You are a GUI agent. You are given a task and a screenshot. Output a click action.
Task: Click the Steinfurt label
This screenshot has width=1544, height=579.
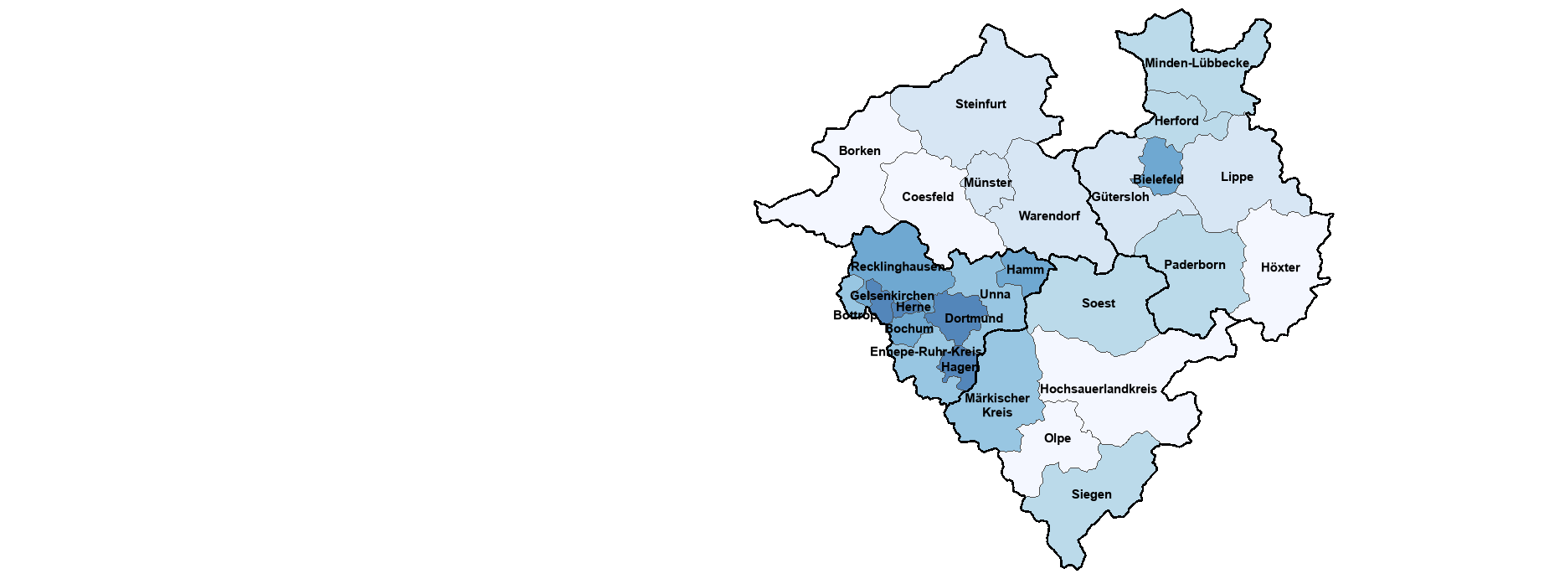pos(980,104)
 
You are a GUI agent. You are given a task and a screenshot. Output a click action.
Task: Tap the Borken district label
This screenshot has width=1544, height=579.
pos(859,151)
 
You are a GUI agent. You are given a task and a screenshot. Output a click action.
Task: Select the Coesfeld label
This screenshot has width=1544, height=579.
pos(927,197)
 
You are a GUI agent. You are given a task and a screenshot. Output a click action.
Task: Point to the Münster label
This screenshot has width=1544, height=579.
pos(987,183)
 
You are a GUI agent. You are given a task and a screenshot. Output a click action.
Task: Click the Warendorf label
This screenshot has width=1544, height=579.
pos(1048,216)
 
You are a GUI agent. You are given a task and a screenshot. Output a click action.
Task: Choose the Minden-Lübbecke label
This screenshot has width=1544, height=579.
pos(1197,63)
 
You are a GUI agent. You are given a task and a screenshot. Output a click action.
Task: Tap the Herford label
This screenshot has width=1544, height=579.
pos(1176,121)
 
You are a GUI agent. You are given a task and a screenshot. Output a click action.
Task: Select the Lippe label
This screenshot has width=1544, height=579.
pos(1237,177)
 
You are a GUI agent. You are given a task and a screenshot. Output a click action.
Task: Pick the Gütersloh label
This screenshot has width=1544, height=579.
pos(1120,197)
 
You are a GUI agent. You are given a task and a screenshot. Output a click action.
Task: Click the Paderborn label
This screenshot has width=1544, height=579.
pos(1194,265)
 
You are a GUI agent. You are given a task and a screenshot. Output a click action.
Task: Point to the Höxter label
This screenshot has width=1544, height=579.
pos(1279,267)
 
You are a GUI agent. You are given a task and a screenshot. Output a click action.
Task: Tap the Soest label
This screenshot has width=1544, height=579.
pos(1098,303)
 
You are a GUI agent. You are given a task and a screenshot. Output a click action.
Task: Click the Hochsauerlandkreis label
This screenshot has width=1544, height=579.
pos(1098,389)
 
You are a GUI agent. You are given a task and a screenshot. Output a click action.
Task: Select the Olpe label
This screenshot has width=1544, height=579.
pos(1057,438)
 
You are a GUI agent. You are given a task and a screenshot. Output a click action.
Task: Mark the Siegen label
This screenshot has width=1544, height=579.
pos(1091,494)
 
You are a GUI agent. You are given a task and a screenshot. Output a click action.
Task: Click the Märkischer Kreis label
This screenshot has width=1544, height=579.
pos(996,405)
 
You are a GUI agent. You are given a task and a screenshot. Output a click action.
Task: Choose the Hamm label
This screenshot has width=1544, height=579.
pos(1025,270)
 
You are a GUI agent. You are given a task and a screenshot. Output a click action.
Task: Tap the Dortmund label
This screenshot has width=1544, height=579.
pos(973,318)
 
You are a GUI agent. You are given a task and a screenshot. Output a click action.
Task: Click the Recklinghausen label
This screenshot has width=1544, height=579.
pos(897,266)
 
